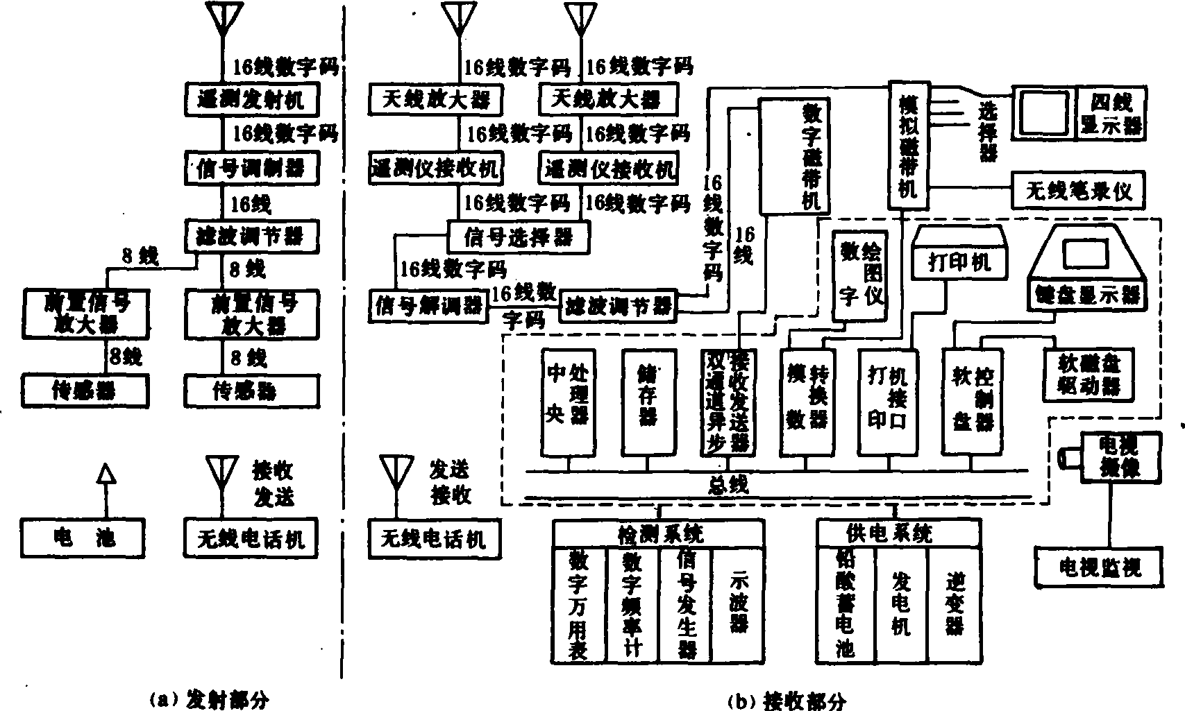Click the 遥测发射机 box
tap(252, 100)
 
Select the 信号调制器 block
tap(252, 168)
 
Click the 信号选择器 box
tap(518, 238)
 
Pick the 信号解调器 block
tap(428, 305)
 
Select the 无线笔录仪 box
tap(1078, 190)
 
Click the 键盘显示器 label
tap(1086, 294)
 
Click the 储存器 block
tap(648, 402)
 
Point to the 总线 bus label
tap(727, 483)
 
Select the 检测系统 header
tap(659, 533)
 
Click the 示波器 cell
tap(738, 603)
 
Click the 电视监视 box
tap(1099, 568)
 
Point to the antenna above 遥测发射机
tap(224, 19)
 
